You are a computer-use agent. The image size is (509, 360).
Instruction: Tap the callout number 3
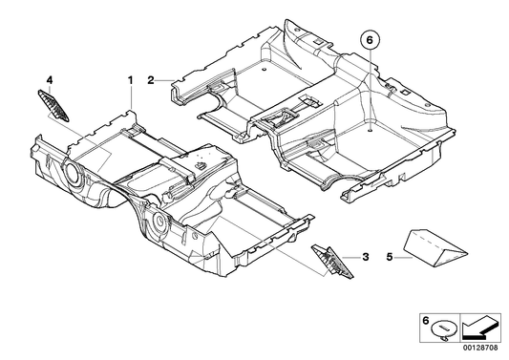365,256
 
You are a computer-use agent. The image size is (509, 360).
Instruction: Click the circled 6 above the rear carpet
369,41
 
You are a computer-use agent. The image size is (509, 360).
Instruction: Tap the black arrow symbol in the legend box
477,330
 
